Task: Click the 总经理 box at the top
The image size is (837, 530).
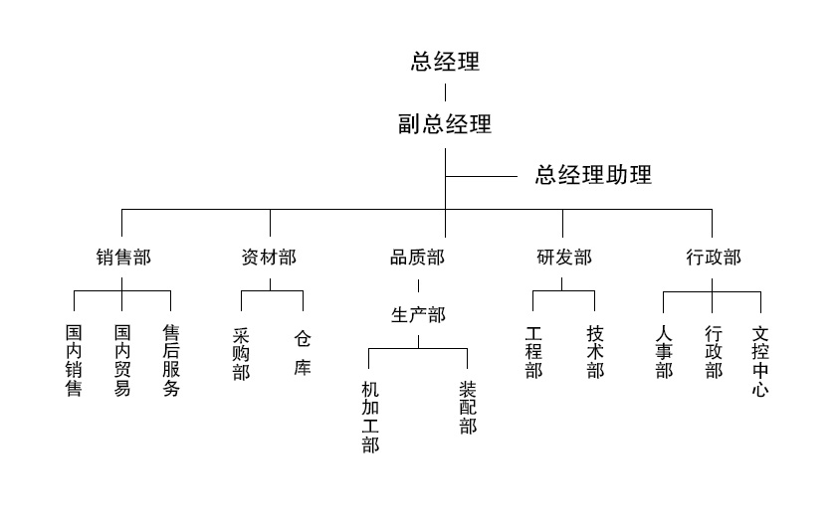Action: tap(445, 62)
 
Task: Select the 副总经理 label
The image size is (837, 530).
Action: tap(445, 124)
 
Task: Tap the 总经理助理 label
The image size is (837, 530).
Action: tap(593, 176)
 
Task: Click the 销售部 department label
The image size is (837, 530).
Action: tap(123, 258)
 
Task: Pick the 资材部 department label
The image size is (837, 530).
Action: tap(269, 258)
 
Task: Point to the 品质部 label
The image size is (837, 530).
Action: tap(417, 258)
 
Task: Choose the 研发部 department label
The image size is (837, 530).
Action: tap(564, 258)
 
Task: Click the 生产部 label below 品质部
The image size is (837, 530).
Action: tap(418, 315)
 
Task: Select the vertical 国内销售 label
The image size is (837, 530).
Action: tap(74, 360)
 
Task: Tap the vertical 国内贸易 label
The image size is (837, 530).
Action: tap(122, 360)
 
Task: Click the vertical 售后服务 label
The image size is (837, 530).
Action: tap(171, 360)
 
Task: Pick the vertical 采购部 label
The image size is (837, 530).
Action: tap(241, 354)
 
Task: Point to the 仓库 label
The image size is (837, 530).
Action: tap(303, 353)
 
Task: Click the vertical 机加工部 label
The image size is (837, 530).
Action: tap(370, 417)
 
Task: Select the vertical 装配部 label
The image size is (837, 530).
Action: tap(468, 408)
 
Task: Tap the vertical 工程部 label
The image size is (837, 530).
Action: tap(533, 353)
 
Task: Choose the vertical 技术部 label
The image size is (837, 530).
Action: tap(595, 353)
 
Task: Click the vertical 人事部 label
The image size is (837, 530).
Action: tap(664, 353)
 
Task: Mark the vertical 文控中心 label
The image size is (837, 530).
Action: tap(760, 360)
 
